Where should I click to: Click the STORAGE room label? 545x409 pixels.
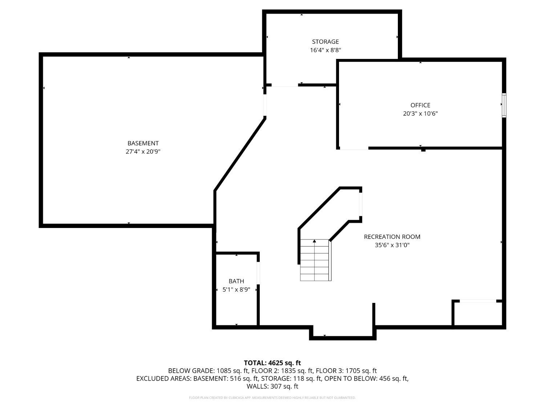pyautogui.click(x=325, y=42)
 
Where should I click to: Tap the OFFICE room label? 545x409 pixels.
pyautogui.click(x=420, y=105)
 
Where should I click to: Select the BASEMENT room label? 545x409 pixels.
pyautogui.click(x=143, y=143)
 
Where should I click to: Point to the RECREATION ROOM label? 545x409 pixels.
pyautogui.click(x=392, y=237)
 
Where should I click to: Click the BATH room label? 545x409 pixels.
pyautogui.click(x=236, y=281)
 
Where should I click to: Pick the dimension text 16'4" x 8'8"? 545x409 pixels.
pyautogui.click(x=325, y=50)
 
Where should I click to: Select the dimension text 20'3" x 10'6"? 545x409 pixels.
pyautogui.click(x=420, y=113)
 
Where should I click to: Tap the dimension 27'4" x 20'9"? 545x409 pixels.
pyautogui.click(x=143, y=152)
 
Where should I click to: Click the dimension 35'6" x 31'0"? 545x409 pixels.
pyautogui.click(x=392, y=245)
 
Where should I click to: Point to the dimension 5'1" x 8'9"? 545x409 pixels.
pyautogui.click(x=236, y=290)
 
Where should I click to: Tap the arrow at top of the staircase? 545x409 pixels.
pyautogui.click(x=314, y=241)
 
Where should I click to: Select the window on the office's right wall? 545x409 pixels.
pyautogui.click(x=504, y=105)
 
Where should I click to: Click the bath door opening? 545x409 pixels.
pyautogui.click(x=258, y=273)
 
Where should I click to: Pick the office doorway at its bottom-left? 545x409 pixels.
pyautogui.click(x=354, y=148)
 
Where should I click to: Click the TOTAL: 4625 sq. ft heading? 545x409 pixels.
pyautogui.click(x=272, y=363)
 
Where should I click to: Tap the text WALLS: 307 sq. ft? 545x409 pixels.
pyautogui.click(x=272, y=386)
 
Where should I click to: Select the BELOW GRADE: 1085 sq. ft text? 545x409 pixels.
pyautogui.click(x=208, y=371)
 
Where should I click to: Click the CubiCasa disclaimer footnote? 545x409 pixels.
pyautogui.click(x=272, y=398)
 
